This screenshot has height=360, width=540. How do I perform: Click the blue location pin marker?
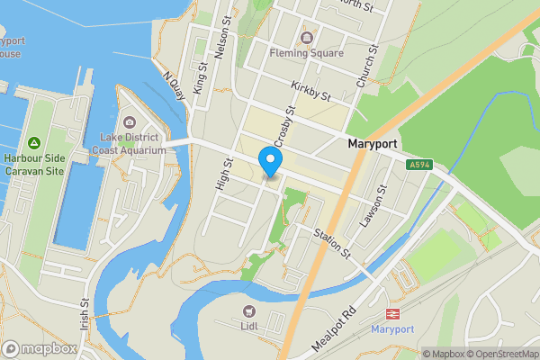pyautogui.click(x=270, y=161)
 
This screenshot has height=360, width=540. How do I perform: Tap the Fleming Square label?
pyautogui.click(x=307, y=53)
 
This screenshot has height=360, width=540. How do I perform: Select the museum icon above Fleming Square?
pyautogui.click(x=307, y=38)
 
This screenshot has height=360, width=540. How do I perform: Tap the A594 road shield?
pyautogui.click(x=418, y=165)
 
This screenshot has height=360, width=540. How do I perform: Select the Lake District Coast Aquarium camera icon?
pyautogui.click(x=130, y=122)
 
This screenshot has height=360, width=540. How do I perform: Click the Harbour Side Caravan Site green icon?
pyautogui.click(x=33, y=143)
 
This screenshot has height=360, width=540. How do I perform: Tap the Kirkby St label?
pyautogui.click(x=311, y=90)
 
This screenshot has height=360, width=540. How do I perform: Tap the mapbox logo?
pyautogui.click(x=40, y=348)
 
